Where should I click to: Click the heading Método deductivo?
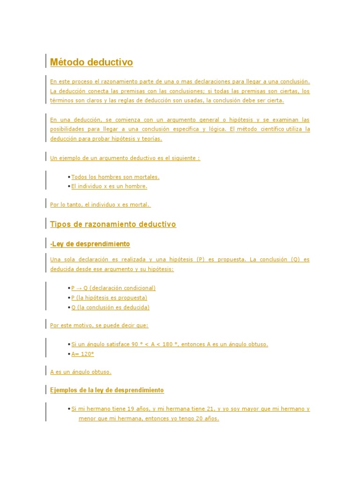point(91,62)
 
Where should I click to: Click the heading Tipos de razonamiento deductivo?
point(113,225)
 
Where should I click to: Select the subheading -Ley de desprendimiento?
point(90,244)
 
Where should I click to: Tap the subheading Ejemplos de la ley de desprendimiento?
point(107,390)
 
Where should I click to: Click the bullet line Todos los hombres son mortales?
point(115,177)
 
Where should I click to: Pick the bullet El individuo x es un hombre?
point(109,187)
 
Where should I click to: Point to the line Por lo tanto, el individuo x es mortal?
point(100,205)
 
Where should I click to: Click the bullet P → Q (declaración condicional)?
point(113,288)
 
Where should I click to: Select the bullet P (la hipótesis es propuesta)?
point(109,298)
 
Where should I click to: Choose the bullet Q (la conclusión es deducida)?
point(110,307)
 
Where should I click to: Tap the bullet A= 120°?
point(82,354)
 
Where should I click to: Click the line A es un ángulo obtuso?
point(81,372)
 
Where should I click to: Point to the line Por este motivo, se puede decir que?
point(99,325)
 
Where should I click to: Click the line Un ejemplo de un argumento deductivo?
point(125,158)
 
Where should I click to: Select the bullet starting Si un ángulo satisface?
point(169,345)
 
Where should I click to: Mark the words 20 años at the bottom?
point(209,419)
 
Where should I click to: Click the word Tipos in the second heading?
point(60,225)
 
